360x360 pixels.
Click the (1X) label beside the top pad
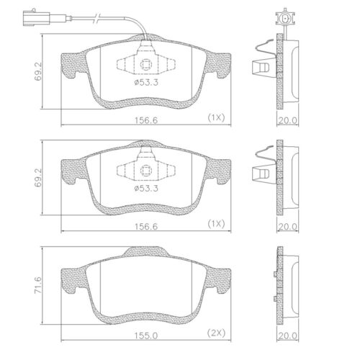click(x=216, y=117)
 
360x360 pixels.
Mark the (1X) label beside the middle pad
click(x=216, y=222)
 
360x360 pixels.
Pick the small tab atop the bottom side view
click(x=278, y=274)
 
